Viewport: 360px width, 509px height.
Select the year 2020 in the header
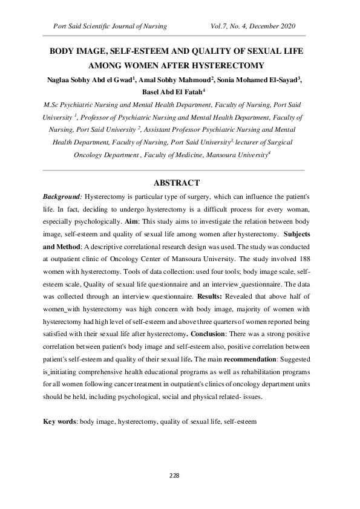(x=284, y=27)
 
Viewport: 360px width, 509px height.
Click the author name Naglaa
(x=59, y=79)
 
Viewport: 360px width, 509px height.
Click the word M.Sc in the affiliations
(x=51, y=105)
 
